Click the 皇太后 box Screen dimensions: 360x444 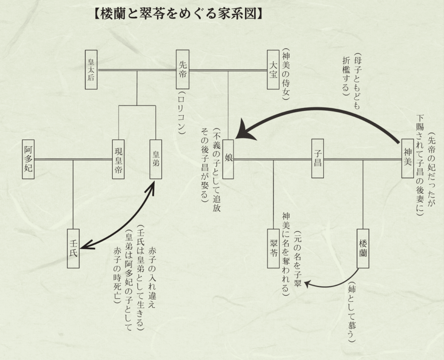[91, 70]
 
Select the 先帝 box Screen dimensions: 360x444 [183, 70]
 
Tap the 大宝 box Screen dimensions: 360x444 [273, 70]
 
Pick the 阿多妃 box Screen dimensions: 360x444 [28, 160]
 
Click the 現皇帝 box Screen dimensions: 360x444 [118, 159]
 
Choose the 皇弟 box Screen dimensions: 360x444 [156, 159]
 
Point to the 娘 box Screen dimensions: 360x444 [229, 159]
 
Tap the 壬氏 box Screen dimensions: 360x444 [73, 248]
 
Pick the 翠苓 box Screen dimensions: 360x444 [274, 248]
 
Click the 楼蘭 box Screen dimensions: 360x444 [363, 248]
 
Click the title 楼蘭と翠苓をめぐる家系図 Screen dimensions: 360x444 [177, 14]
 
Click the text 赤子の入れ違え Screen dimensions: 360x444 [152, 278]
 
